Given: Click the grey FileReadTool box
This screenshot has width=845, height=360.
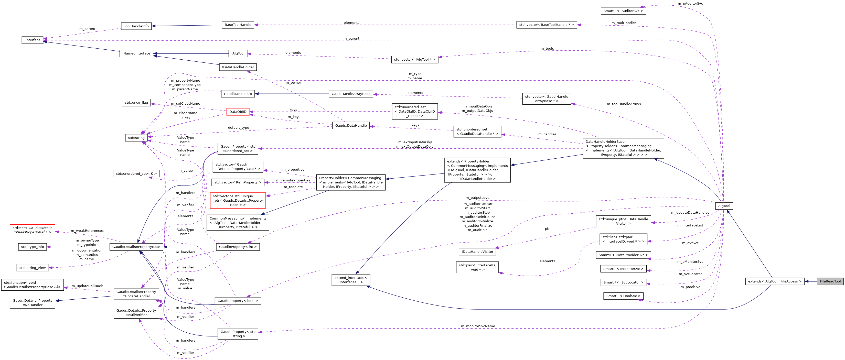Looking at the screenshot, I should coord(830,281).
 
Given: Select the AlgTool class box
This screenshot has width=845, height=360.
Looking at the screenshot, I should coord(724,206).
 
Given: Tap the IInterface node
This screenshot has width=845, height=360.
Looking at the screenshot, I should coord(33,40).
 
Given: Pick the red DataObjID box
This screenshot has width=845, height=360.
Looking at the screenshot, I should coord(238,112).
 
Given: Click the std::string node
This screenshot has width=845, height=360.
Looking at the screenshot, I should coord(136,138).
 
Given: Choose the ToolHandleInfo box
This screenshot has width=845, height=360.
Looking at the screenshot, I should coord(136,26).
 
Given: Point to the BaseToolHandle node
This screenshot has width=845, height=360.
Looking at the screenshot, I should coord(238,25).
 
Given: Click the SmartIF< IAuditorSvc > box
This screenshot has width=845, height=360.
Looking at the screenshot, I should coord(623,11).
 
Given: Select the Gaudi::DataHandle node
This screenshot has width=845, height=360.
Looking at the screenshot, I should coord(351,126).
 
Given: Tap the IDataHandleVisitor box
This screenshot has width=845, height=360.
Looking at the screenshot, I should coord(477,252).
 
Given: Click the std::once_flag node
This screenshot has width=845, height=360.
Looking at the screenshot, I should coord(136,103).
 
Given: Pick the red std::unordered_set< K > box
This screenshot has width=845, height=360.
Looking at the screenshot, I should coord(136,173).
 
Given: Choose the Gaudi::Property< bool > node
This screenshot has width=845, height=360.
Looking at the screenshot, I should coord(238,301).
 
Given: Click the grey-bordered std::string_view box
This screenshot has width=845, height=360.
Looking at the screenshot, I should coord(33,268).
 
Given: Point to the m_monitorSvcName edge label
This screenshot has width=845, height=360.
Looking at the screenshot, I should coord(478,326).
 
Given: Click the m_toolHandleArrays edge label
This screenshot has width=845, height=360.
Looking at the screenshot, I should coord(624,104).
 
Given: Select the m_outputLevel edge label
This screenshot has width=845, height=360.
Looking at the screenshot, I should coord(478,198).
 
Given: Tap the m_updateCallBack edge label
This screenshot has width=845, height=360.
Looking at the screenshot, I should coord(87,286).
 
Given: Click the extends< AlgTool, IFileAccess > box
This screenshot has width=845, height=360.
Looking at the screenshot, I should coord(774,281).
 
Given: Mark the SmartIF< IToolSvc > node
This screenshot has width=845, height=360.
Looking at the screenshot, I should coord(623,296).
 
